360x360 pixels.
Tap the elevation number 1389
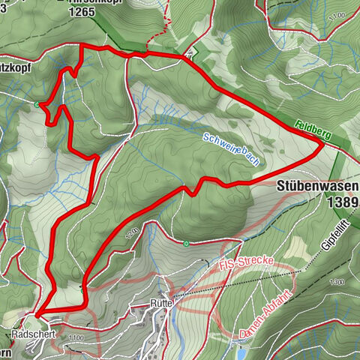pyautogui.click(x=341, y=201)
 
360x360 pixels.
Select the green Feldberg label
pyautogui.click(x=313, y=128)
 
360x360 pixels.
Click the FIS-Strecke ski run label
pyautogui.click(x=247, y=265)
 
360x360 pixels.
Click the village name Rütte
pyautogui.click(x=161, y=302)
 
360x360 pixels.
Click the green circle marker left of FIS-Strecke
pyautogui.click(x=185, y=242)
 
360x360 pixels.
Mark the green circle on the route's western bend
pyautogui.click(x=37, y=104)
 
